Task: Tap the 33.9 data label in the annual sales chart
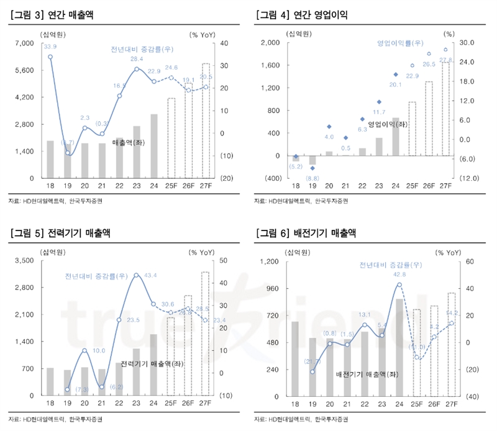[x=50, y=47]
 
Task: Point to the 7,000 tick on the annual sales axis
[x=25, y=43]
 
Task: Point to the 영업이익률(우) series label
[x=399, y=43]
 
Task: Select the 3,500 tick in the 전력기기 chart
[x=25, y=261]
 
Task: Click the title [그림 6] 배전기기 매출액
[x=306, y=233]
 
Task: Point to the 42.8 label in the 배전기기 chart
[x=399, y=274]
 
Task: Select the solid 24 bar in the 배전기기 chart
[x=399, y=347]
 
